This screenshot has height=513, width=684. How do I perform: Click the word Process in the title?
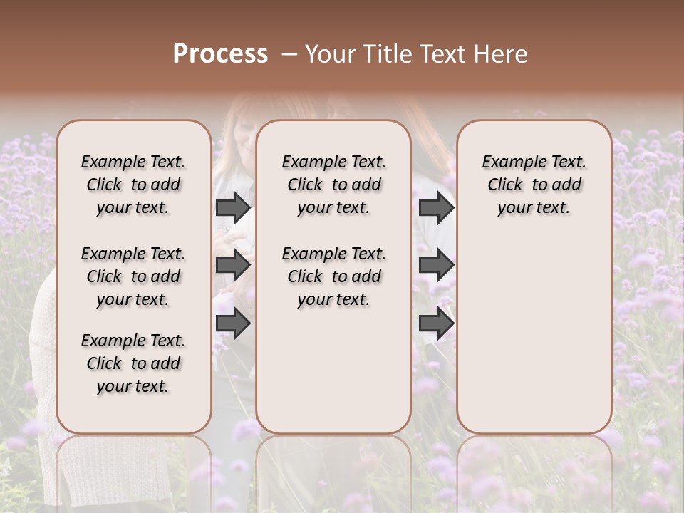click(220, 54)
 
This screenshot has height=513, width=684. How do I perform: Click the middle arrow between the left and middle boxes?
click(233, 266)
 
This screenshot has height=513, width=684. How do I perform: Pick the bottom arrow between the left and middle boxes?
click(233, 324)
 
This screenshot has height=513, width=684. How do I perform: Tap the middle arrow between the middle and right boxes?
click(436, 266)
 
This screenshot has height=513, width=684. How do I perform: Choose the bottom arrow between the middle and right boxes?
click(436, 324)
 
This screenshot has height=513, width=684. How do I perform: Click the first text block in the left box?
click(133, 185)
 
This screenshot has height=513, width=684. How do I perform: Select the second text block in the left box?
click(133, 276)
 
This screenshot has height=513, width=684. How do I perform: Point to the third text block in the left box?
click(133, 363)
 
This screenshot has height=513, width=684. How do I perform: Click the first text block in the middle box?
click(333, 185)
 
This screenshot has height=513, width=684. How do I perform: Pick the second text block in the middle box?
click(333, 276)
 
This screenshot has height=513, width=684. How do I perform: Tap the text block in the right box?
click(534, 185)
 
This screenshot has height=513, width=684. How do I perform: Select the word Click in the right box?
click(505, 185)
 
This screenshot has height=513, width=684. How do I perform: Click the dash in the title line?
click(289, 54)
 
